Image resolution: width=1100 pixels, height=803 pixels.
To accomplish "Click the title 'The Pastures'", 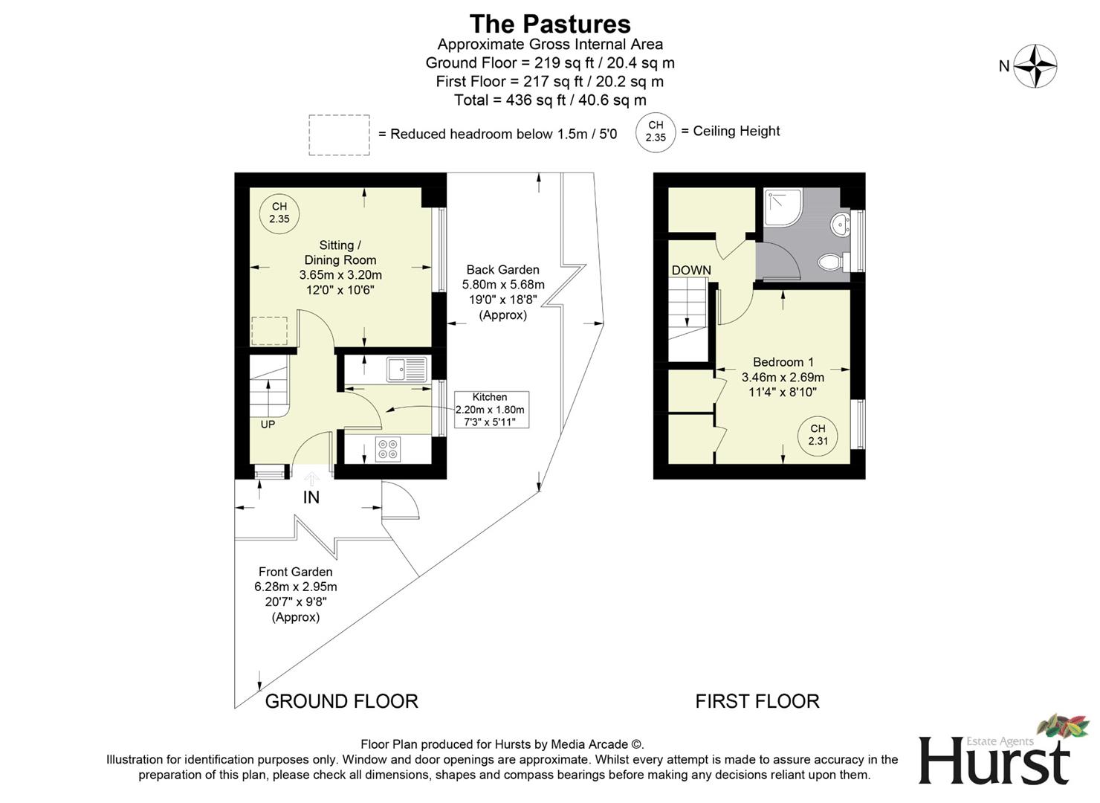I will click(550, 24).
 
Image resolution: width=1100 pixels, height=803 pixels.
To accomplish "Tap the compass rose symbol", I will click(1035, 66).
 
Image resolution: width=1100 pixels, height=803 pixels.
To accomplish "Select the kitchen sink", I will click(406, 369).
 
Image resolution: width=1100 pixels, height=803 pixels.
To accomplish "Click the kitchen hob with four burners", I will click(388, 449).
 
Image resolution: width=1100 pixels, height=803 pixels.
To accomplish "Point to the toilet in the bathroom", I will click(831, 262).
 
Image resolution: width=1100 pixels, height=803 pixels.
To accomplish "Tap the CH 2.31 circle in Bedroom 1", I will click(818, 435).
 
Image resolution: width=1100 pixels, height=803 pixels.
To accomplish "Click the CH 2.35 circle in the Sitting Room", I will click(279, 213).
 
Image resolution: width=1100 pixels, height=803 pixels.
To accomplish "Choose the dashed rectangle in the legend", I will click(339, 135).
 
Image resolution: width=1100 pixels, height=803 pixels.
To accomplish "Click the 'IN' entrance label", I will click(311, 497).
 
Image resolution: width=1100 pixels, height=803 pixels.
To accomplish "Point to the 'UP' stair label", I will click(268, 425).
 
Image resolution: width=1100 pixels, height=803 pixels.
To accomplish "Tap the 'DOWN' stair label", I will click(691, 271).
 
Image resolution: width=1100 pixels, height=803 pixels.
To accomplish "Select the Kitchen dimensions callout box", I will click(490, 410).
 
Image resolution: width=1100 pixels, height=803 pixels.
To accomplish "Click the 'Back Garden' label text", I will click(502, 270).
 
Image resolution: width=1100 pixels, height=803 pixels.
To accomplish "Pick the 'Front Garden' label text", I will click(295, 572).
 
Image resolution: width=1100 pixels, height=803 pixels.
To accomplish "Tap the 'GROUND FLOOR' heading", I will click(341, 701).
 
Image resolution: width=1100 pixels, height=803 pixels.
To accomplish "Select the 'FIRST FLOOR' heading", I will click(757, 701).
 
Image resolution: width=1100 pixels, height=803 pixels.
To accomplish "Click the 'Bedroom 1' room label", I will click(783, 362).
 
